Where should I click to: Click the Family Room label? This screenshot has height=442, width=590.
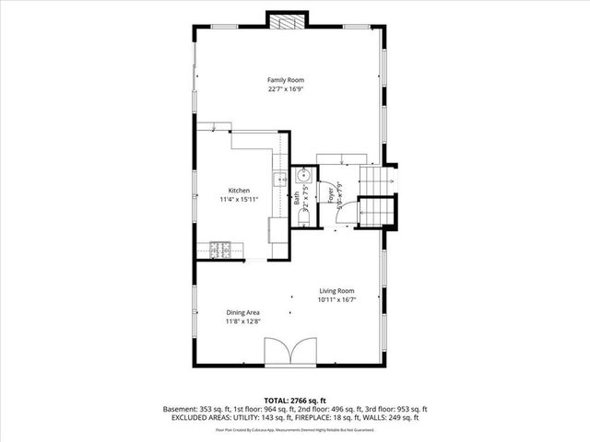286,80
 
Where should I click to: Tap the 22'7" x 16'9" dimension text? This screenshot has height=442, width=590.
286,89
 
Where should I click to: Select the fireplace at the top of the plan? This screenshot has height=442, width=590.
286,22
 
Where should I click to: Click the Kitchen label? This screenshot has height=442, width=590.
240,191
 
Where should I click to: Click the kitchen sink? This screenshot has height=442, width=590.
277,180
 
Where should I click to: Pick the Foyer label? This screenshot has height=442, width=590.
330,194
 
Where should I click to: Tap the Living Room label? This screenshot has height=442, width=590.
337,291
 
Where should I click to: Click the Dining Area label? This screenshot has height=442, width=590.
243,313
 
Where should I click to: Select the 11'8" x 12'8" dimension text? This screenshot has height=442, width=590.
243,322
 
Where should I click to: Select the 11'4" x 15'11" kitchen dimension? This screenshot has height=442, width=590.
240,200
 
